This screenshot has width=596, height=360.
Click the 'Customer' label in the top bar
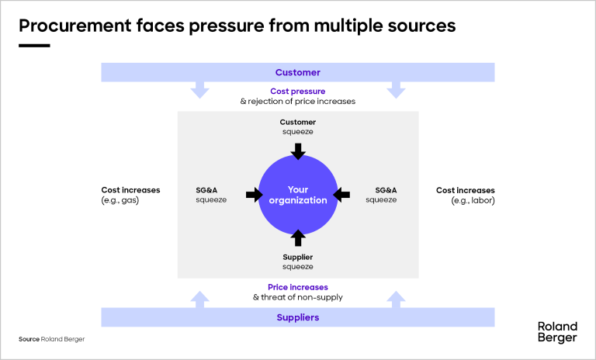click(x=297, y=72)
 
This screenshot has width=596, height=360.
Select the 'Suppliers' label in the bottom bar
click(x=297, y=317)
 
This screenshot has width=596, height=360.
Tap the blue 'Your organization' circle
click(x=298, y=195)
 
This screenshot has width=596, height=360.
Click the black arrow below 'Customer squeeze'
click(x=298, y=151)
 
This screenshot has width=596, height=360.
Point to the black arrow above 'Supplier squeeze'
click(x=298, y=237)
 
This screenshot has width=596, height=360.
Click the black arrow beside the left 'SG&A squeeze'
click(x=254, y=195)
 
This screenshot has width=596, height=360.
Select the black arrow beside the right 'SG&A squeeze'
click(x=342, y=195)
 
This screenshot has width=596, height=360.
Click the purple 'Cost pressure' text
click(x=297, y=92)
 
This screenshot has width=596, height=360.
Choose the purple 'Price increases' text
click(x=297, y=287)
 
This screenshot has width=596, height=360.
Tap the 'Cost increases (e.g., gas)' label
click(x=130, y=195)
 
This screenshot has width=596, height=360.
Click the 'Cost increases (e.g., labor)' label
click(x=466, y=195)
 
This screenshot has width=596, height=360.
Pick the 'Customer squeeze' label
click(x=298, y=126)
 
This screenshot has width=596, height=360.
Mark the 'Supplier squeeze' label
click(x=298, y=261)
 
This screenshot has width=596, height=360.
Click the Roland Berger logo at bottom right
click(x=557, y=332)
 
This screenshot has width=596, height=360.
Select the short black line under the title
click(x=34, y=46)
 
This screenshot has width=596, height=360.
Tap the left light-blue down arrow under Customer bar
click(x=199, y=90)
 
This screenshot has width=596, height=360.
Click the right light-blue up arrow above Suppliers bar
click(x=396, y=299)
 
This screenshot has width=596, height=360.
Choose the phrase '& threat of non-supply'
click(x=298, y=297)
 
